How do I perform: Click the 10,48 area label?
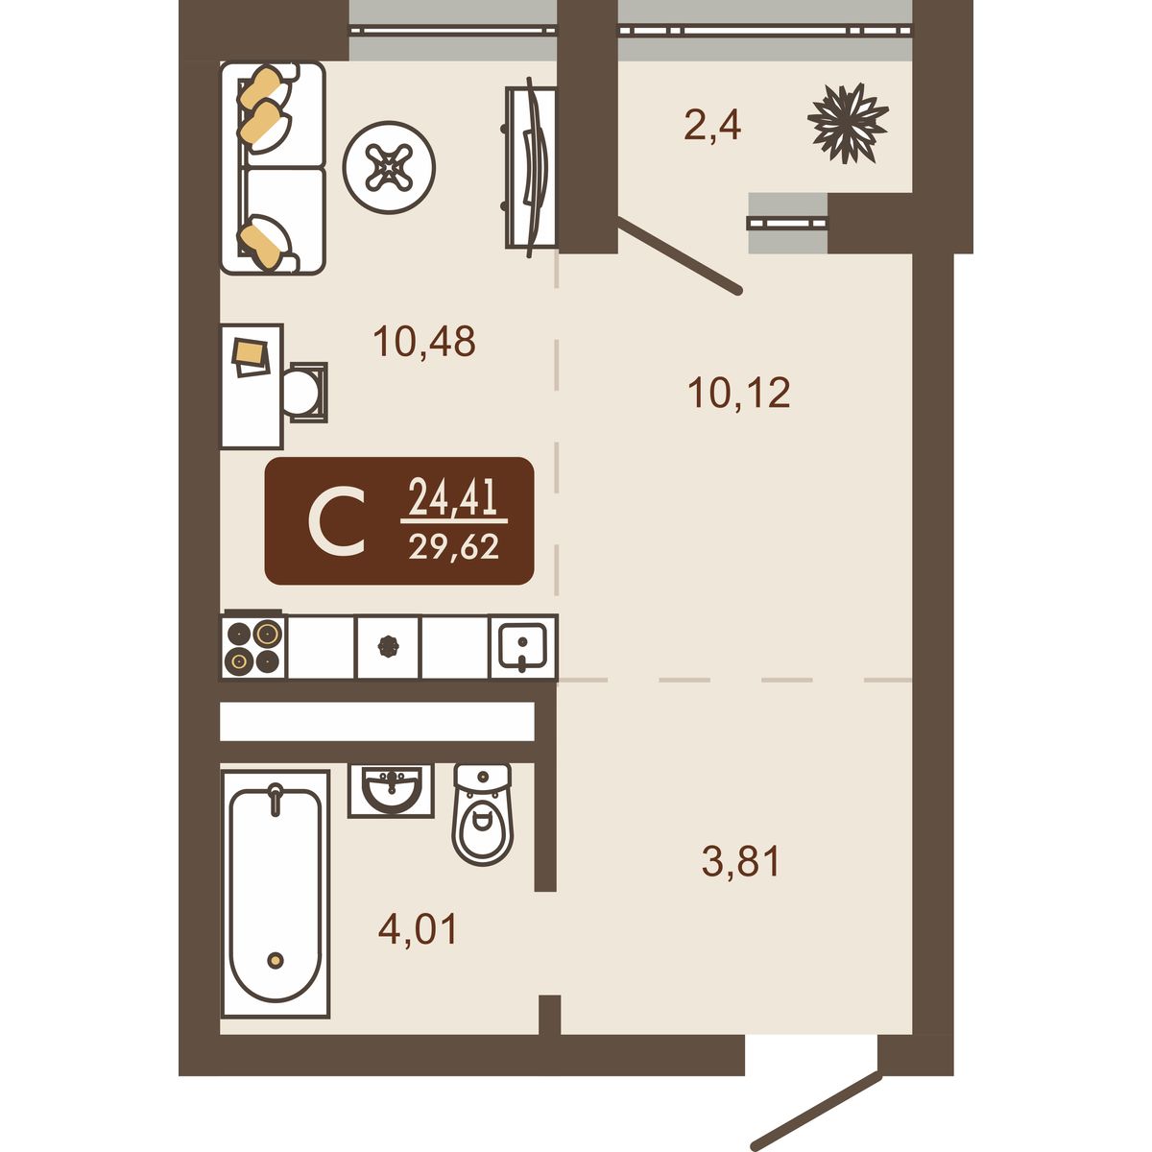click(x=424, y=342)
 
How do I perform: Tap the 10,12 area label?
click(x=739, y=393)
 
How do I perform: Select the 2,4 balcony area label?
click(x=712, y=126)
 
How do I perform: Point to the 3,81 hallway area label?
click(x=741, y=861)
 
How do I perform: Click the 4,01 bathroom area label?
click(x=418, y=929)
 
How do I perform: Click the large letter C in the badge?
click(x=337, y=520)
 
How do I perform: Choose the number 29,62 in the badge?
click(x=454, y=546)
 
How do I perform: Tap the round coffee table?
click(x=389, y=167)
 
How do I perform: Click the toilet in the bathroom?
click(x=483, y=814)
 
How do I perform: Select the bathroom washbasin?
click(x=391, y=790)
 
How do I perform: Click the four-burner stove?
click(x=253, y=646)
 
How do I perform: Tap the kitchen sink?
click(x=523, y=646)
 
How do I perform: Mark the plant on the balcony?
click(x=848, y=123)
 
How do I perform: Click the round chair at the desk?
click(x=306, y=393)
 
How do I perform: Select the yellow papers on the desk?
click(x=252, y=357)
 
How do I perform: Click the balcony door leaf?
click(x=680, y=256)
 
